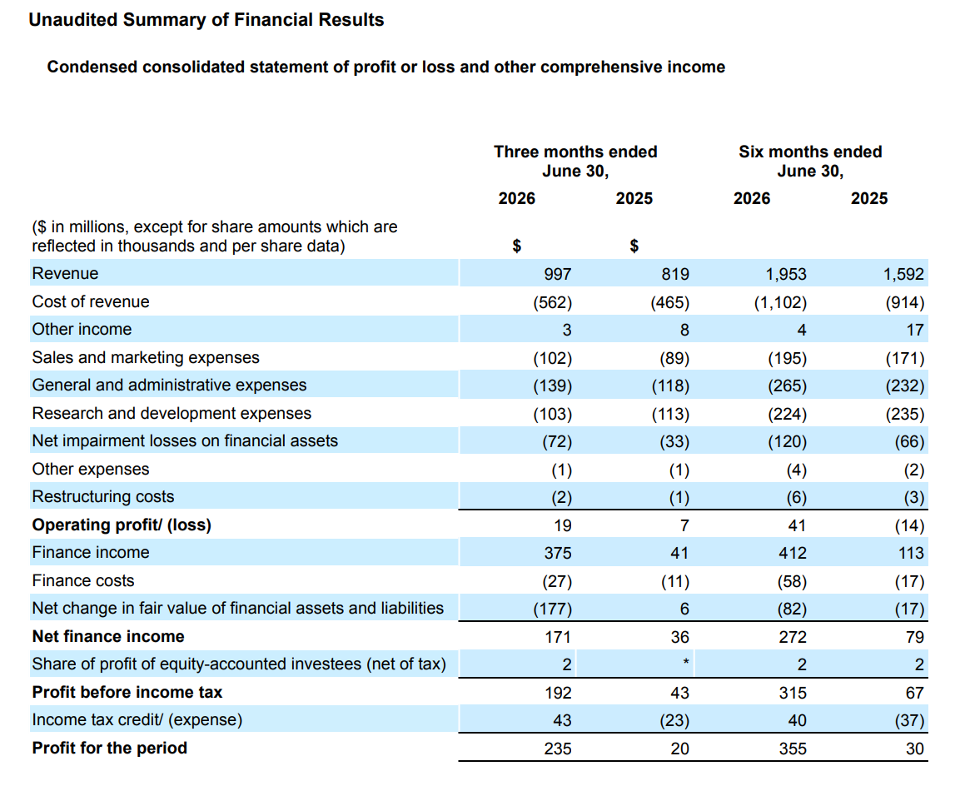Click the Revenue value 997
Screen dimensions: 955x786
tap(557, 274)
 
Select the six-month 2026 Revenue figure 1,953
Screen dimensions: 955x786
tap(786, 274)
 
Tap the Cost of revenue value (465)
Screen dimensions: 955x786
tap(670, 302)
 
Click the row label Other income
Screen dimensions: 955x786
tap(82, 329)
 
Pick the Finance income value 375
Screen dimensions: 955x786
tap(557, 553)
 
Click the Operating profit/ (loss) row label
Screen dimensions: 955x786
tap(122, 525)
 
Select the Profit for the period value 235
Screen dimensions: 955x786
tap(557, 749)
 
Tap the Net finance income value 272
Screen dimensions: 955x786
tap(793, 637)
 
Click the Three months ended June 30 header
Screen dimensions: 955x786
tap(575, 161)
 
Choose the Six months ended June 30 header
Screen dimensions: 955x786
tap(810, 161)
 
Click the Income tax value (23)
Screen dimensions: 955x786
tap(674, 720)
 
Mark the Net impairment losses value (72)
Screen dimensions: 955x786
tap(557, 441)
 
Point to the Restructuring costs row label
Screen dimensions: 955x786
tap(103, 496)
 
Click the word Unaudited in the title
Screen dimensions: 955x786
tap(73, 19)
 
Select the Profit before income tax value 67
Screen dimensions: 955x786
tap(915, 693)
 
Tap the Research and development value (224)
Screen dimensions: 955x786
tap(787, 414)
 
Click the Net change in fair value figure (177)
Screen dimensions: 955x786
tap(552, 609)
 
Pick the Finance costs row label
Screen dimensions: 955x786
tap(82, 580)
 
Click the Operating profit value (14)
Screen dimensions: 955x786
tap(909, 525)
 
